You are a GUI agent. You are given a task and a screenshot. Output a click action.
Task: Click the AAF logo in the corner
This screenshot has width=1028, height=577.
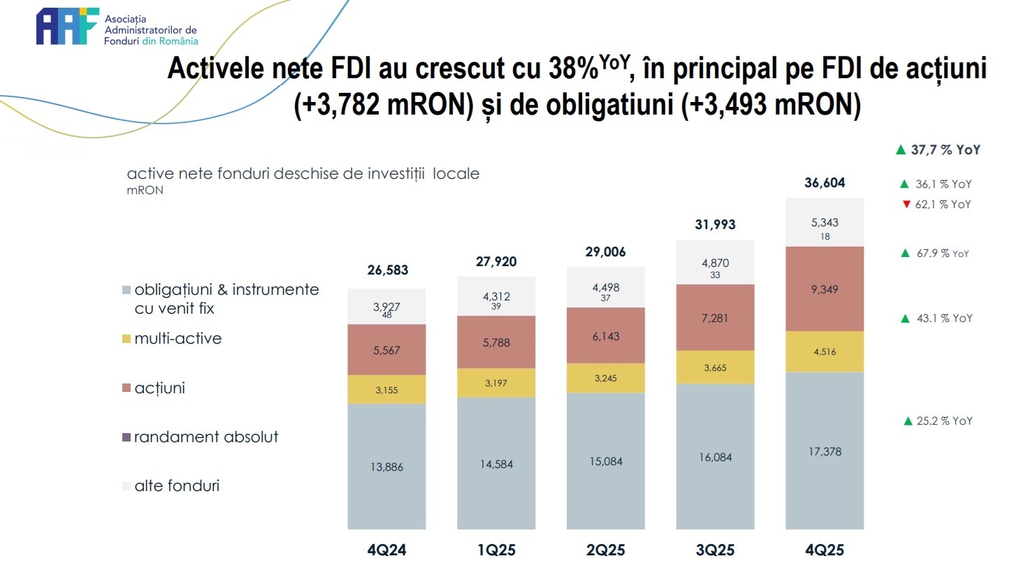tap(67, 27)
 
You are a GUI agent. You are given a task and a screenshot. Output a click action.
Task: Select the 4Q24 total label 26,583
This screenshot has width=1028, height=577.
tap(388, 270)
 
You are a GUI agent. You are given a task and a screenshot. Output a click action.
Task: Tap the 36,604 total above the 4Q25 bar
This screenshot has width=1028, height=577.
tap(825, 183)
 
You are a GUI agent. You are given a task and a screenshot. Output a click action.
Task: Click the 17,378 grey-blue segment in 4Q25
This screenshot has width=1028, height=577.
tap(825, 452)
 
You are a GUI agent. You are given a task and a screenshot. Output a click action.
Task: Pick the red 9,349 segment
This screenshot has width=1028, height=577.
tap(825, 289)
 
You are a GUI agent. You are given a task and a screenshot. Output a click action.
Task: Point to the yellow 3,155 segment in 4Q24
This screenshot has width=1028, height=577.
tap(386, 390)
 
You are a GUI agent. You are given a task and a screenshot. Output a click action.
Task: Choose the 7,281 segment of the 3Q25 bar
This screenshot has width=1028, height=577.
tap(715, 318)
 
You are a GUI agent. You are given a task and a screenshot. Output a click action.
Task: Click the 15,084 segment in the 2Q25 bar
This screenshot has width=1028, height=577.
tap(606, 462)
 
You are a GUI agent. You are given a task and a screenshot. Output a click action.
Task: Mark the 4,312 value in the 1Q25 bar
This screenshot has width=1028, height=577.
tap(496, 297)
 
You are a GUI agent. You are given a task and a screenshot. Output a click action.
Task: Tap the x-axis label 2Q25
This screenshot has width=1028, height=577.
tap(605, 550)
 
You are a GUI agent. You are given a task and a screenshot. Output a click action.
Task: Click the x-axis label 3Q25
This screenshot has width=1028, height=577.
tap(715, 550)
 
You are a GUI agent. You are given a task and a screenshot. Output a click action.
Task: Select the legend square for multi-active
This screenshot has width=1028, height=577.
tap(126, 339)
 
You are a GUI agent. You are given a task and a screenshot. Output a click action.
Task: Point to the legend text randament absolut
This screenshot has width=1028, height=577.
tap(206, 437)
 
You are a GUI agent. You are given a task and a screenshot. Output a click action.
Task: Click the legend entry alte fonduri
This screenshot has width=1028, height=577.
tap(177, 486)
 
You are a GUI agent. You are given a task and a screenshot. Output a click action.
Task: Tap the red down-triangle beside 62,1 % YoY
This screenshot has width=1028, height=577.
tap(906, 205)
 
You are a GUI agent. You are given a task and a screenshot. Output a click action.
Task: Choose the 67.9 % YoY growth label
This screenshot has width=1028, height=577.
tap(943, 254)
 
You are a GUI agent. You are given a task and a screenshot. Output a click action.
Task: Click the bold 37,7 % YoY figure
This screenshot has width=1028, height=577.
tap(946, 150)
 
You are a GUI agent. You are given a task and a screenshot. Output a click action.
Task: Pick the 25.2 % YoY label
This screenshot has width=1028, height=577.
tap(944, 421)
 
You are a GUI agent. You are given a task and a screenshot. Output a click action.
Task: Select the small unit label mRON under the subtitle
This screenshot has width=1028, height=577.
tap(145, 190)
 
